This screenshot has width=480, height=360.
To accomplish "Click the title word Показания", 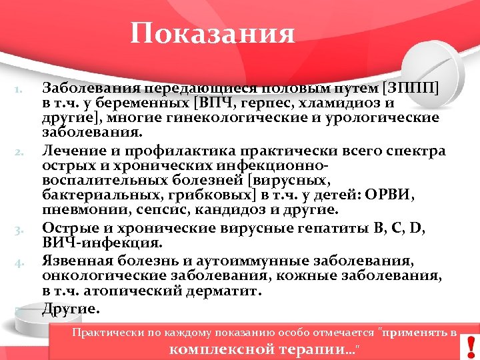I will point(212,33).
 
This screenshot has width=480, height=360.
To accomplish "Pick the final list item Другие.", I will point(71,309).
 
